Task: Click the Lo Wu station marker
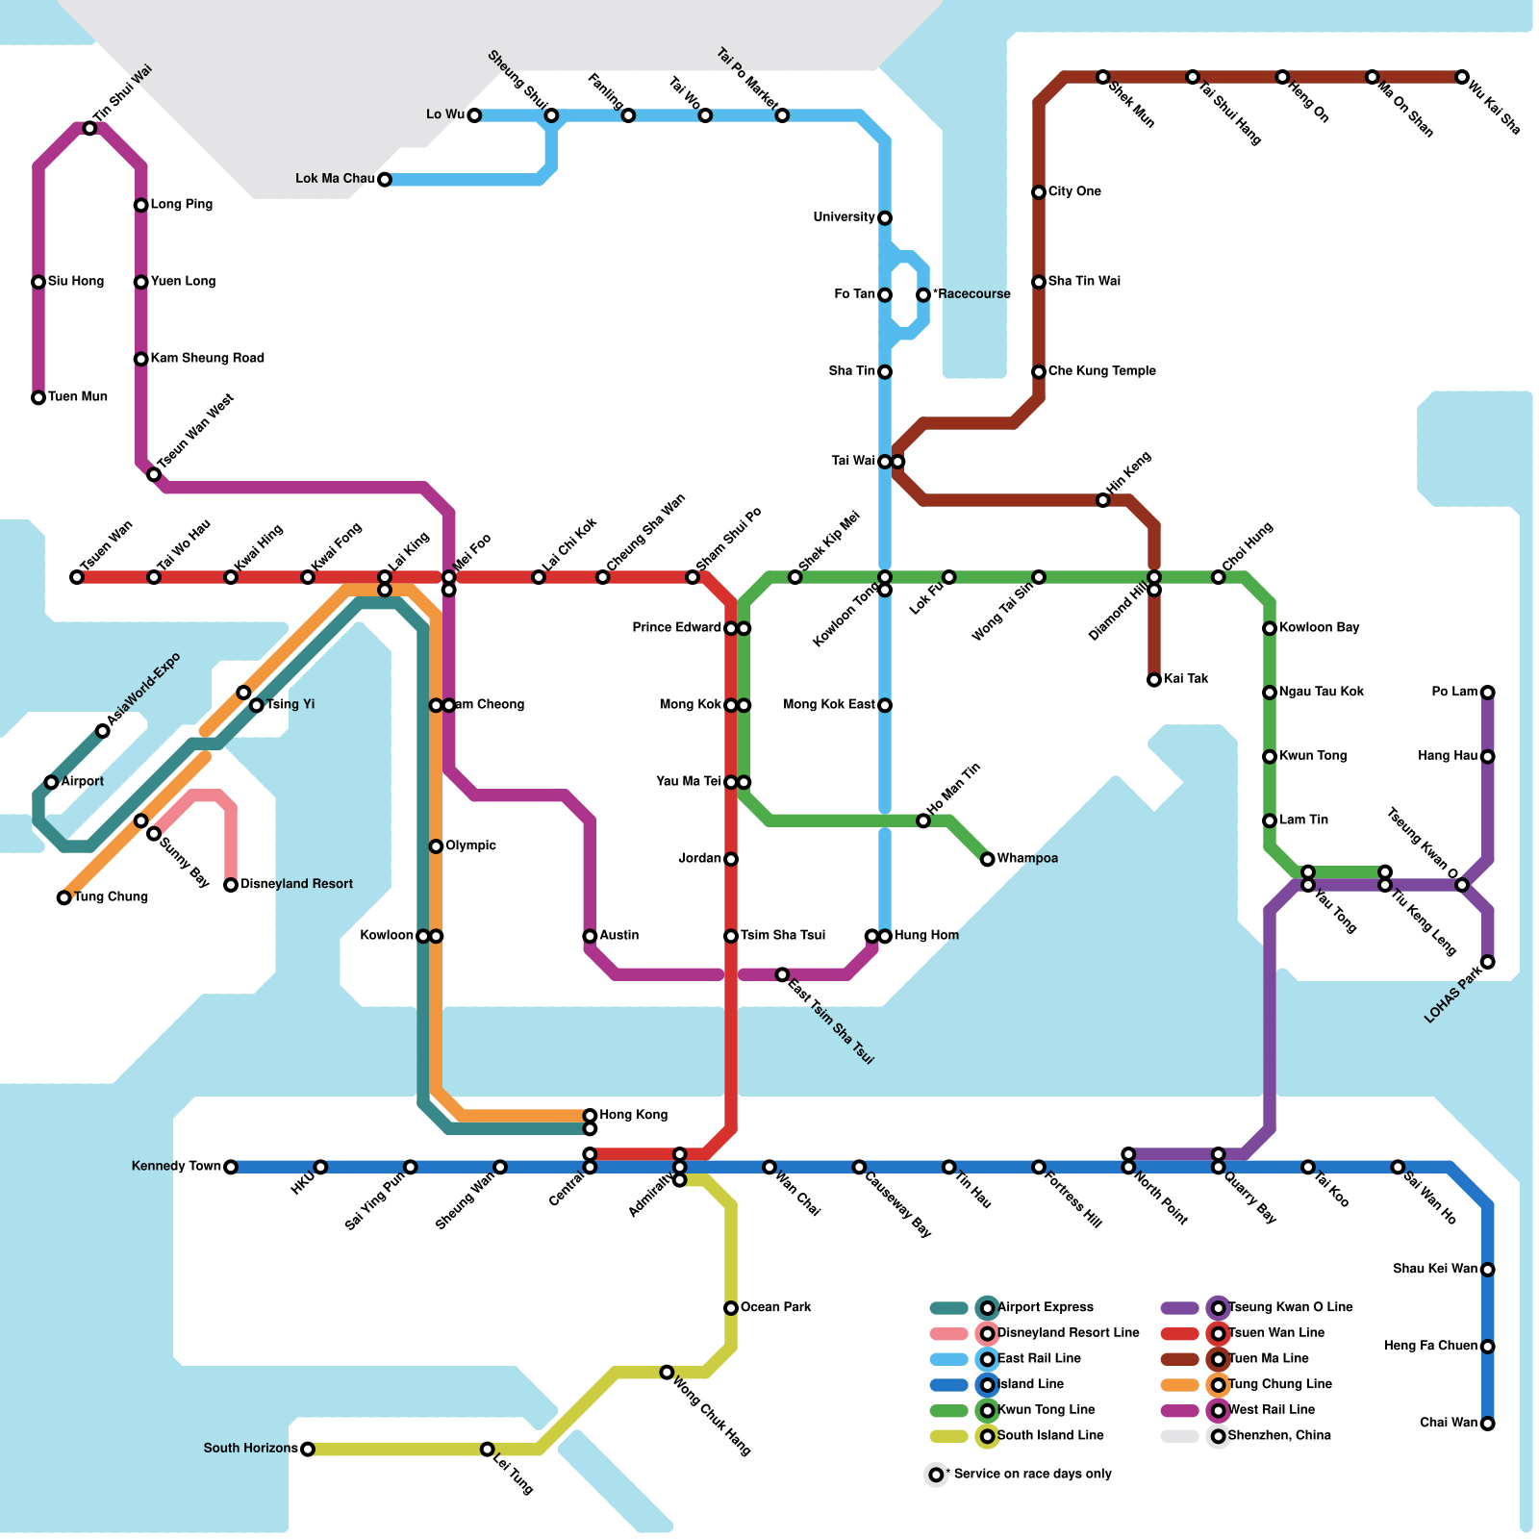(474, 115)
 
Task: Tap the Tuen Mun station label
(78, 396)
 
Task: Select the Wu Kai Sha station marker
(1462, 77)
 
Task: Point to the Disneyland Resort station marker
(231, 885)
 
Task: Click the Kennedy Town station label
(176, 1166)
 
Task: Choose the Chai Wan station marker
(1488, 1424)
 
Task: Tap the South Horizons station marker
(308, 1449)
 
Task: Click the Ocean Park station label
(775, 1307)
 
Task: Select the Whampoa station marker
(988, 859)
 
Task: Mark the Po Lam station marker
(1488, 693)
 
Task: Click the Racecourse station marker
(923, 294)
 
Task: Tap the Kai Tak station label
(1186, 679)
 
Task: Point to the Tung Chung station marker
(64, 897)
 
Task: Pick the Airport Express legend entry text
(1046, 1307)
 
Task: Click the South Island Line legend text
(1050, 1435)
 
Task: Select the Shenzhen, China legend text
(1279, 1435)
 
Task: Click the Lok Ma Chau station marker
(385, 180)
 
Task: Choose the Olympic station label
(470, 845)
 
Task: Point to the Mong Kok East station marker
(885, 705)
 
